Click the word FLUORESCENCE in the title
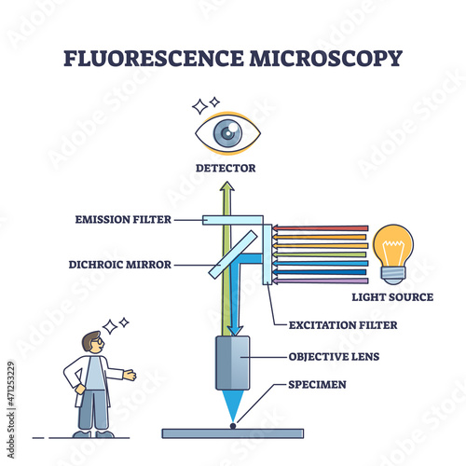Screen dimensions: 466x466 pos(154,58)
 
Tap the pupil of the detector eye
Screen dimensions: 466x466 pos(227,133)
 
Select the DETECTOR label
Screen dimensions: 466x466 pos(226,168)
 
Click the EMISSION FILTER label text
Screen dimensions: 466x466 pos(123,219)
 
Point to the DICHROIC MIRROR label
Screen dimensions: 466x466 pos(120,265)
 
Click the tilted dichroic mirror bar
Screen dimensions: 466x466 pos(233,254)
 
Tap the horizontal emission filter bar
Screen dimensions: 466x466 pos(233,220)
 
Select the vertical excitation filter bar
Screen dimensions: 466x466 pos(267,254)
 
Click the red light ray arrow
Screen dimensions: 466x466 pos(320,228)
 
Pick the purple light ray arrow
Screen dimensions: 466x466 pos(320,281)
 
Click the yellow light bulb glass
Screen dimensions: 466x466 pos(393,246)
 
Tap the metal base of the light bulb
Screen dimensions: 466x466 pos(393,275)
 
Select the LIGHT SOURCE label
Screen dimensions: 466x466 pos(392,297)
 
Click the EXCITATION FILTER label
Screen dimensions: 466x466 pos(343,325)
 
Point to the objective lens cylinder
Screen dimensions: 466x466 pos(233,363)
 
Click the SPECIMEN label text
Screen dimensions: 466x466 pos(317,385)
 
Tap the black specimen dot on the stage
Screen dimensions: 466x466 pos(233,426)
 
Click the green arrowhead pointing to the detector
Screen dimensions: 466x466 pos(227,186)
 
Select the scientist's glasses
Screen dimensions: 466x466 pos(98,341)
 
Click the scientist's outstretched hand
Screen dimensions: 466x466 pos(130,375)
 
